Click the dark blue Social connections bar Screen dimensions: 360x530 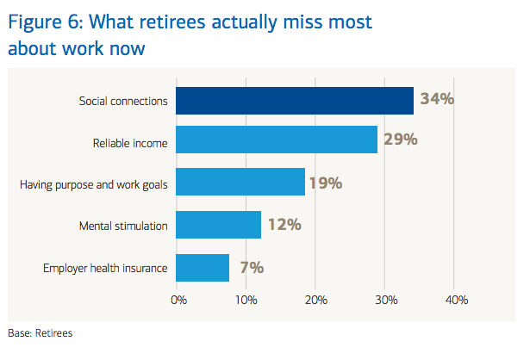coord(295,100)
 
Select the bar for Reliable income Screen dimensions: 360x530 coord(277,140)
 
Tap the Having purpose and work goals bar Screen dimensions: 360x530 coord(240,183)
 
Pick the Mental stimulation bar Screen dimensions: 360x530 coord(219,225)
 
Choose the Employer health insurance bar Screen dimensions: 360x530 coord(203,267)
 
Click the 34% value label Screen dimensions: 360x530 coord(437,99)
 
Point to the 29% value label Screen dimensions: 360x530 coord(401,140)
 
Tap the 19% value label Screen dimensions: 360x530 coord(326,183)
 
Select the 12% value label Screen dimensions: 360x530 coord(284,225)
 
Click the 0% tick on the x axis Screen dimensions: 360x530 coord(178,300)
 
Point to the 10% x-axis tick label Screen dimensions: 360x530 coord(246,300)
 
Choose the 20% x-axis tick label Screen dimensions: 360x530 coord(316,300)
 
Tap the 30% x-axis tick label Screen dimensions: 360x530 coord(386,300)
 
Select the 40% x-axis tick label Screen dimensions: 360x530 coord(456,300)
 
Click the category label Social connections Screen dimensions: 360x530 coord(122,100)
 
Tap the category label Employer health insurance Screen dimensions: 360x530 coord(105,268)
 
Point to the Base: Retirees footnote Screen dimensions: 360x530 coord(41,332)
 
